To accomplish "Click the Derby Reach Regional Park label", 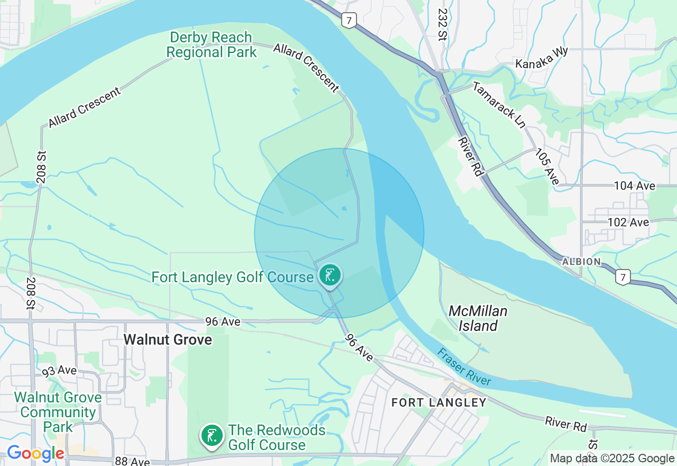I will click(212, 45).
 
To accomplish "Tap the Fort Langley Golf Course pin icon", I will click(330, 275).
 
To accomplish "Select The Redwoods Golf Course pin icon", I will click(212, 436).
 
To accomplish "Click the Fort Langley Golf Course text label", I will click(233, 277).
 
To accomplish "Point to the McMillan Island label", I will click(478, 318).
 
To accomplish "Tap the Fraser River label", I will click(464, 366).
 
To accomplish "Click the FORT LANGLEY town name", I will click(438, 402).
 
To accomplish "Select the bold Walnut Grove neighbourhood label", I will click(168, 339).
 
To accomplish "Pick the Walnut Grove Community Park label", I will click(58, 412).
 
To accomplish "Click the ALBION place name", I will click(581, 262).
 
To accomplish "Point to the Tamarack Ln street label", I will click(499, 105).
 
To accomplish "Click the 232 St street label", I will click(442, 24).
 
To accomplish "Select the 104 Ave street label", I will click(634, 186).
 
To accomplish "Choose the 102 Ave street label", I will click(628, 222).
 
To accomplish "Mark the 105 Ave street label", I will click(547, 167).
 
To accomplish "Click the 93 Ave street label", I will click(59, 370).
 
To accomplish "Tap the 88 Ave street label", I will click(132, 461).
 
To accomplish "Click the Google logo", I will click(35, 453).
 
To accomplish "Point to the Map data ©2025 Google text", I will click(612, 459).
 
